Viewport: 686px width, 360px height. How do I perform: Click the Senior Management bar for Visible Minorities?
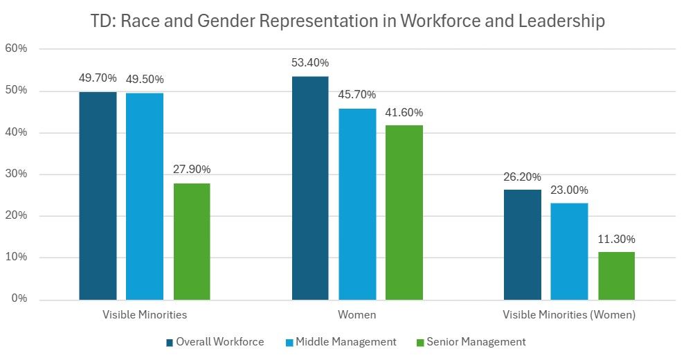click(x=192, y=241)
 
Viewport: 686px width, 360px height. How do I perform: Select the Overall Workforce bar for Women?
click(x=310, y=188)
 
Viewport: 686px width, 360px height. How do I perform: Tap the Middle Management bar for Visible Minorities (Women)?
click(x=569, y=251)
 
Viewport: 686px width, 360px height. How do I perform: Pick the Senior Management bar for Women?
click(x=404, y=212)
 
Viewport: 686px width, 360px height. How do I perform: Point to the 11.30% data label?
click(x=616, y=240)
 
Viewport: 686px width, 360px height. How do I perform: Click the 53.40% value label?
click(x=310, y=63)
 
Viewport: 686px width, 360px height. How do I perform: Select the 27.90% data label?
click(x=192, y=170)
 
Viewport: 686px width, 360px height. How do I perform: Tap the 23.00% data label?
click(x=569, y=190)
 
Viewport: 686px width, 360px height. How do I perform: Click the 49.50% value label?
click(x=145, y=79)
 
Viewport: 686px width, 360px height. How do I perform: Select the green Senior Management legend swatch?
click(x=419, y=342)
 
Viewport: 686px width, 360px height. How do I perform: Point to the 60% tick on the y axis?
click(x=16, y=49)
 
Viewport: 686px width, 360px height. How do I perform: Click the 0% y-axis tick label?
click(x=19, y=299)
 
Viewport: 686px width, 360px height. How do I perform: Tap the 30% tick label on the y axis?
click(x=16, y=174)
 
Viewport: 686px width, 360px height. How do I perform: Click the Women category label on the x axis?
click(x=356, y=315)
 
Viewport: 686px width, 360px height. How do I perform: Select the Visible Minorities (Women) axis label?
click(x=569, y=315)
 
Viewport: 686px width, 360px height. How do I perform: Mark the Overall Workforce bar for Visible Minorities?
click(x=98, y=195)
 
